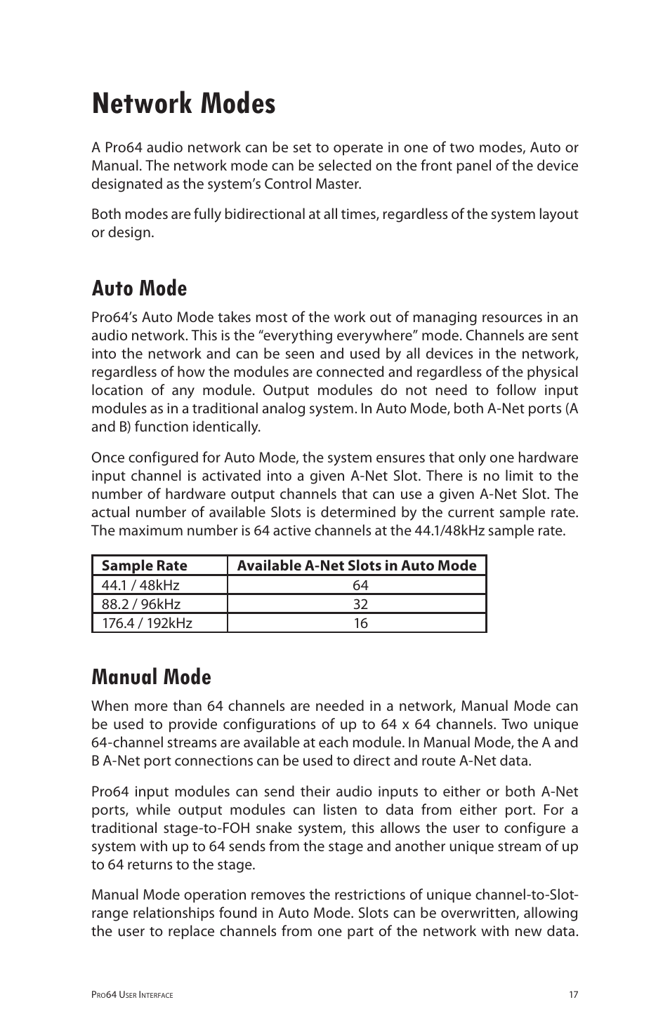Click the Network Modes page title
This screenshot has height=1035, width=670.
[x=183, y=104]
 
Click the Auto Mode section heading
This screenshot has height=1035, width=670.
[x=139, y=288]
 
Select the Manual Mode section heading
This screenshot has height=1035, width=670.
[x=151, y=677]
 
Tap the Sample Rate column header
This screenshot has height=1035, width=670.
[x=144, y=566]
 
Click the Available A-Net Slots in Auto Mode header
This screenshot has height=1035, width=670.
[x=356, y=566]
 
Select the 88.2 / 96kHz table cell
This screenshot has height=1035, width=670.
[x=141, y=604]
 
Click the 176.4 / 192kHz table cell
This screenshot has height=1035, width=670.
[x=147, y=623]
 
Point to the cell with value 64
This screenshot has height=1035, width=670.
[x=360, y=585]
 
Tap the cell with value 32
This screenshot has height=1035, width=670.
[x=360, y=604]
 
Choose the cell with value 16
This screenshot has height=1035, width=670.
[x=360, y=623]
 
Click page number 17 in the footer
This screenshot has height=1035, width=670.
[x=573, y=994]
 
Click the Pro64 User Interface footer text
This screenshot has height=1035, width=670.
[x=132, y=995]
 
